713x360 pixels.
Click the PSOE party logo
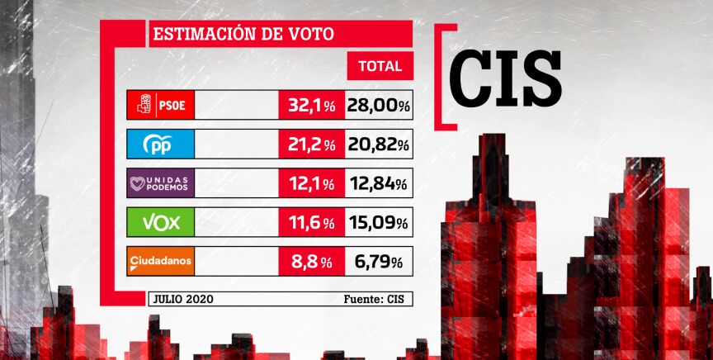tap(161, 106)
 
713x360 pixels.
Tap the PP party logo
tap(161, 144)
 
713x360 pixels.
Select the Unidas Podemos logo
tap(161, 183)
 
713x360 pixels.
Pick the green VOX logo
tap(161, 223)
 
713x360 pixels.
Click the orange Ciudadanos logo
tap(161, 263)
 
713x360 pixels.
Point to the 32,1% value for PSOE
tap(311, 106)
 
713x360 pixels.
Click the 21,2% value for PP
tap(311, 144)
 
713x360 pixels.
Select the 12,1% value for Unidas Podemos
tap(311, 183)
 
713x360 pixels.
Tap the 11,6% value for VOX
tap(311, 223)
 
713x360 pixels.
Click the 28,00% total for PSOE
tap(379, 106)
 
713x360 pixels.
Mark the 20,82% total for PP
tap(379, 144)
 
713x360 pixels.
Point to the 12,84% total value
tap(379, 183)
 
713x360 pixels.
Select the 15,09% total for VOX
tap(379, 223)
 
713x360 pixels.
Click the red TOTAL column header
tap(380, 66)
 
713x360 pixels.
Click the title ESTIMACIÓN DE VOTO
tap(243, 35)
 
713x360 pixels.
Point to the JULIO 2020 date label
tap(183, 299)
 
